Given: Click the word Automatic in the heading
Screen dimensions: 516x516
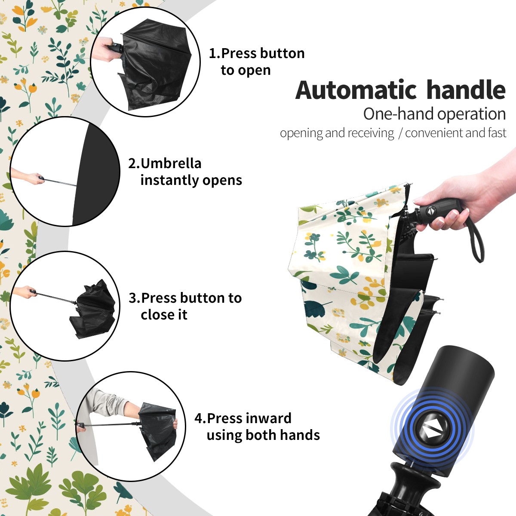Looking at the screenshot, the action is point(356,90).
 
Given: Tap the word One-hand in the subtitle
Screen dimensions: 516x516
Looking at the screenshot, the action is point(399,114).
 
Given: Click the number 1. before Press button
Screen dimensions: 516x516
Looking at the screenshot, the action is point(215,53).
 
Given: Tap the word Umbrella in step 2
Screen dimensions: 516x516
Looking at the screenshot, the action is point(171,163).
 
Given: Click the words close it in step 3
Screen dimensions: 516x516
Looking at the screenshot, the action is point(164,314).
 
